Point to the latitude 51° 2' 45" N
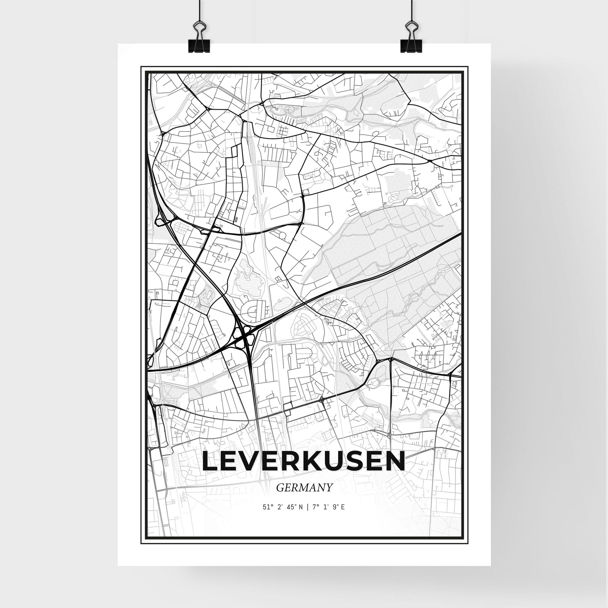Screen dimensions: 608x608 [x=283, y=516]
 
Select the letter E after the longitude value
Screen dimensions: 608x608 [x=343, y=516]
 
